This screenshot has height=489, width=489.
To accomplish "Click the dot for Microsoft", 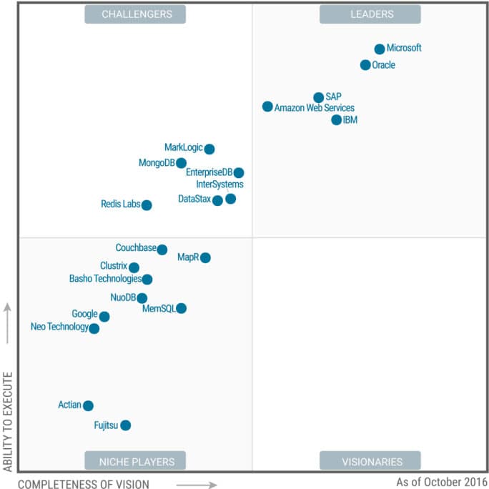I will click(380, 49).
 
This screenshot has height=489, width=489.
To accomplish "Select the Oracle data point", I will click(365, 65).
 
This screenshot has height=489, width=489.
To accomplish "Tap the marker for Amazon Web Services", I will click(267, 107).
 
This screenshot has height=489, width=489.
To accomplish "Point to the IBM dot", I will click(337, 119).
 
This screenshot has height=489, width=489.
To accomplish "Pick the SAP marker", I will click(319, 97).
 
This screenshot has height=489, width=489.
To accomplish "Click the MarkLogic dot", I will click(209, 149).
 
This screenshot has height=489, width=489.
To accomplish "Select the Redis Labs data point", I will click(147, 205).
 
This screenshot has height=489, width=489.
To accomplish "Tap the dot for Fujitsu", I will click(126, 425).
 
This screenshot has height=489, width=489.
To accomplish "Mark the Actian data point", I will click(88, 405).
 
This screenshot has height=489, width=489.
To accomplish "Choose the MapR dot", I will click(206, 257).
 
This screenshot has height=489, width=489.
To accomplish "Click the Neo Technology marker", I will click(94, 329).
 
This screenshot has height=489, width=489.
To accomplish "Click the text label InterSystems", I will click(219, 184).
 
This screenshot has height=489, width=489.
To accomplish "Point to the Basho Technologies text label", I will click(105, 279).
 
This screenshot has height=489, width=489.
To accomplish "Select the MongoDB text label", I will click(157, 163).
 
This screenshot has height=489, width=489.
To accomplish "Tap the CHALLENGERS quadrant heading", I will click(135, 14).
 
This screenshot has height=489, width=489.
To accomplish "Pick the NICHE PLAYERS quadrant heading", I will click(135, 461).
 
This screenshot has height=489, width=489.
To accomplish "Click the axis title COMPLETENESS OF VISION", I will click(84, 485).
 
